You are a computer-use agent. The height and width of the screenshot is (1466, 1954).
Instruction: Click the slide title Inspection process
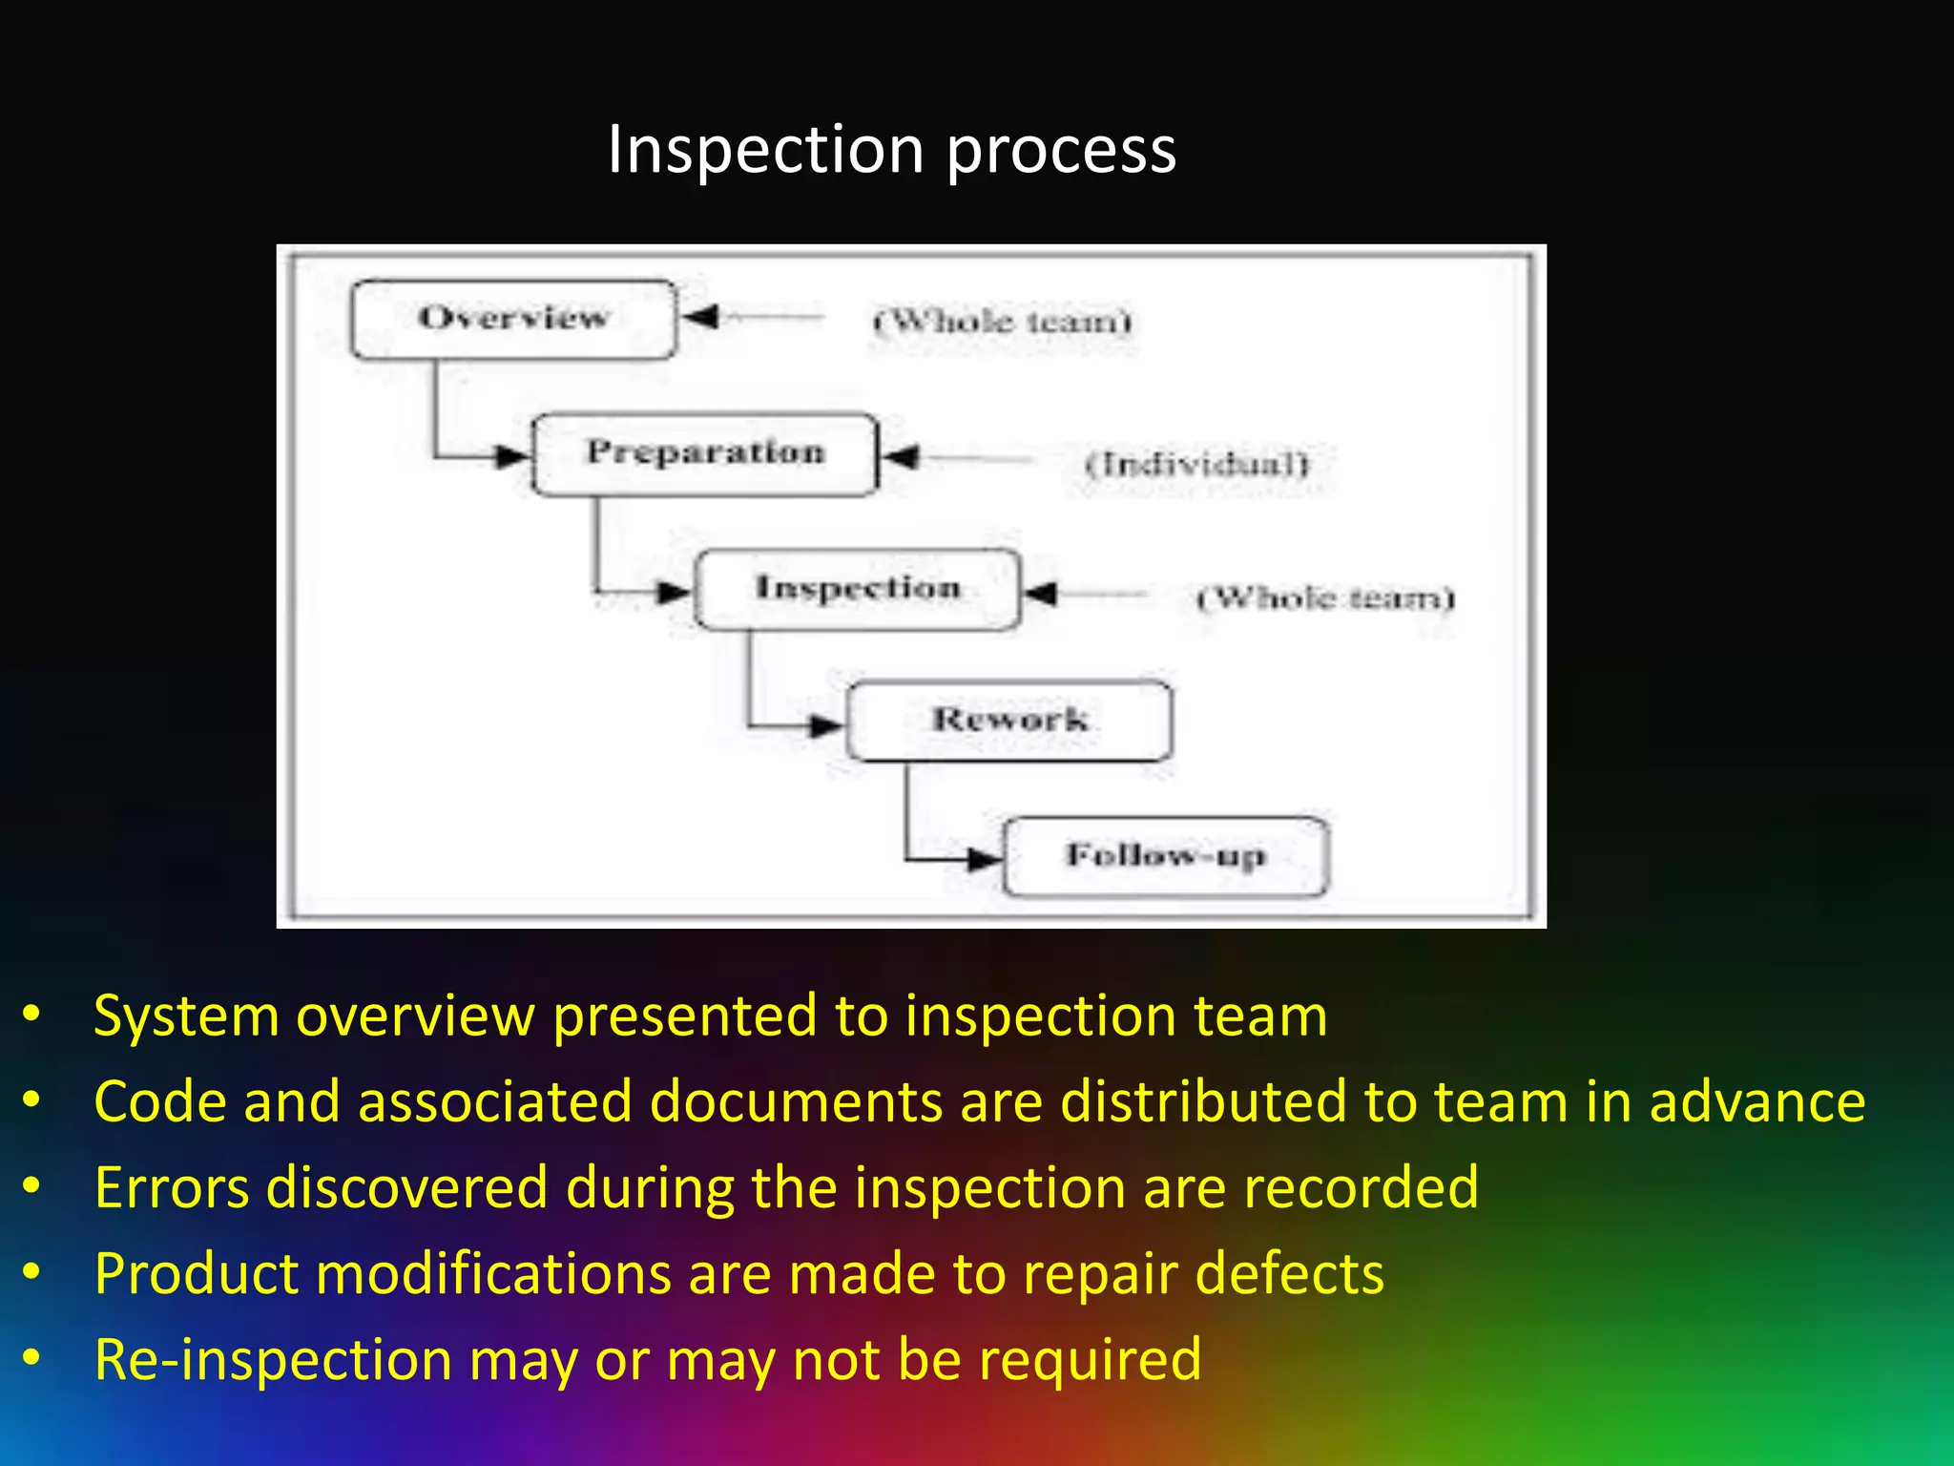(x=891, y=151)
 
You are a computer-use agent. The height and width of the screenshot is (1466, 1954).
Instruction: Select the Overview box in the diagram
(x=513, y=319)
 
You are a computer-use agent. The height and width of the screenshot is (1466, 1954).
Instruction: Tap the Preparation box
(x=705, y=453)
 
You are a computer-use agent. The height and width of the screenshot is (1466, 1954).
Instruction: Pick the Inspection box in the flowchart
(x=858, y=589)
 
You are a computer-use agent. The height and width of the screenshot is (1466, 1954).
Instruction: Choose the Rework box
(x=1009, y=721)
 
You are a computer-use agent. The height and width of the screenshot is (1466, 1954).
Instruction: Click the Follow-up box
(x=1165, y=856)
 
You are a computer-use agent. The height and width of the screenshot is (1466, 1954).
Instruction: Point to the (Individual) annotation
(x=1197, y=465)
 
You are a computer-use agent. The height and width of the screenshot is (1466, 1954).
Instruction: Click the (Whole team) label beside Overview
(x=1002, y=322)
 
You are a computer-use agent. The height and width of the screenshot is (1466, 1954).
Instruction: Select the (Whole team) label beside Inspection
(x=1325, y=598)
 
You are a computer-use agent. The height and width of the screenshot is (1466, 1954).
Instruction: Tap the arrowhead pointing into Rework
(x=825, y=726)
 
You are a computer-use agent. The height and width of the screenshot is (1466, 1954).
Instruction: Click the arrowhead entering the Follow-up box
(x=982, y=859)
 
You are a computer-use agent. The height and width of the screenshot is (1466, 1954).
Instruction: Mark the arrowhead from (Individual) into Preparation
(x=901, y=457)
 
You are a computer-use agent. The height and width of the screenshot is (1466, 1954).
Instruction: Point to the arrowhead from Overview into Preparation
(x=511, y=455)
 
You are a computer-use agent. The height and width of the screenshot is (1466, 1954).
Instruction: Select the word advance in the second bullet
(x=1757, y=1101)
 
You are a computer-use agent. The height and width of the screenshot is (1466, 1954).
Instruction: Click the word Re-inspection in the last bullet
(x=273, y=1359)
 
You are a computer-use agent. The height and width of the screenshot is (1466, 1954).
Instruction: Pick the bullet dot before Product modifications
(x=32, y=1272)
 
